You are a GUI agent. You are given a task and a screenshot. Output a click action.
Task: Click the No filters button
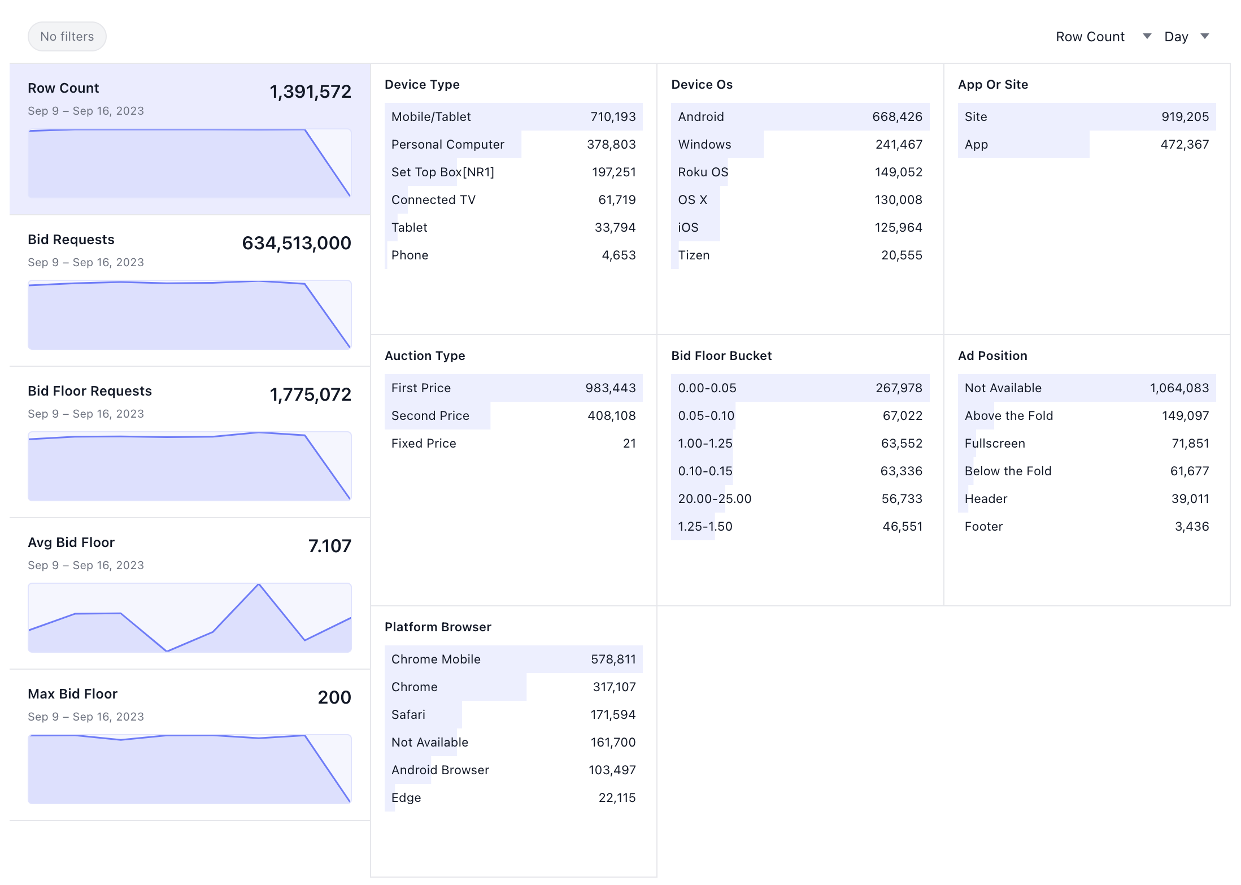(x=67, y=37)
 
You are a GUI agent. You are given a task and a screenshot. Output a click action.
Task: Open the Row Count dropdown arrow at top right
(x=1147, y=37)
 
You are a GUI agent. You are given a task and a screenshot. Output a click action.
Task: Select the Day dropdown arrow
(x=1204, y=37)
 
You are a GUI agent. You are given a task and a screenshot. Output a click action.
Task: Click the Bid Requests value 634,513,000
(x=296, y=243)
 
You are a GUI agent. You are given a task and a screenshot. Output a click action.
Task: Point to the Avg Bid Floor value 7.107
(x=329, y=546)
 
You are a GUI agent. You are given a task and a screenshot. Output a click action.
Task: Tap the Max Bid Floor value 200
(x=334, y=697)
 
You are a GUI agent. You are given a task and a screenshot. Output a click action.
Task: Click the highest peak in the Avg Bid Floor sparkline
(x=259, y=585)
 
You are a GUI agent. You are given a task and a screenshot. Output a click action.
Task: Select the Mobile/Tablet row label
(x=430, y=117)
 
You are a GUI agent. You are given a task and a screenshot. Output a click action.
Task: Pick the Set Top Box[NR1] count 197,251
(x=613, y=172)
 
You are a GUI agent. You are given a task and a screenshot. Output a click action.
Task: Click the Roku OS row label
(x=703, y=172)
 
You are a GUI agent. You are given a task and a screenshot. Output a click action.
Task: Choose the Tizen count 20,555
(x=902, y=255)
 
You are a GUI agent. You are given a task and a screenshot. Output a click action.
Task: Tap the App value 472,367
(x=1185, y=145)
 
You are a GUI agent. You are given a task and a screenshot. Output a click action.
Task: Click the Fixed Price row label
(x=423, y=444)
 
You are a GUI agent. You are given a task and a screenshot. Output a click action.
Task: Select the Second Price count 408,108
(x=611, y=416)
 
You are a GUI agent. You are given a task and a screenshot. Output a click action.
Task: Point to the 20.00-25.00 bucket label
(x=714, y=499)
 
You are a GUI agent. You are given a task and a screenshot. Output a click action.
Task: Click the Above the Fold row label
(x=1008, y=416)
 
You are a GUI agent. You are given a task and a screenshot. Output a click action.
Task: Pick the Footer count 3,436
(x=1191, y=527)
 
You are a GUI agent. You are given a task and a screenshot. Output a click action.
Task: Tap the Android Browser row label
(x=439, y=770)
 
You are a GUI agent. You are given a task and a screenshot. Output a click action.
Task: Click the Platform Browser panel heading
(x=438, y=627)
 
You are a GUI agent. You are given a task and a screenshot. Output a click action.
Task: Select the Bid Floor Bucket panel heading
(x=721, y=356)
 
